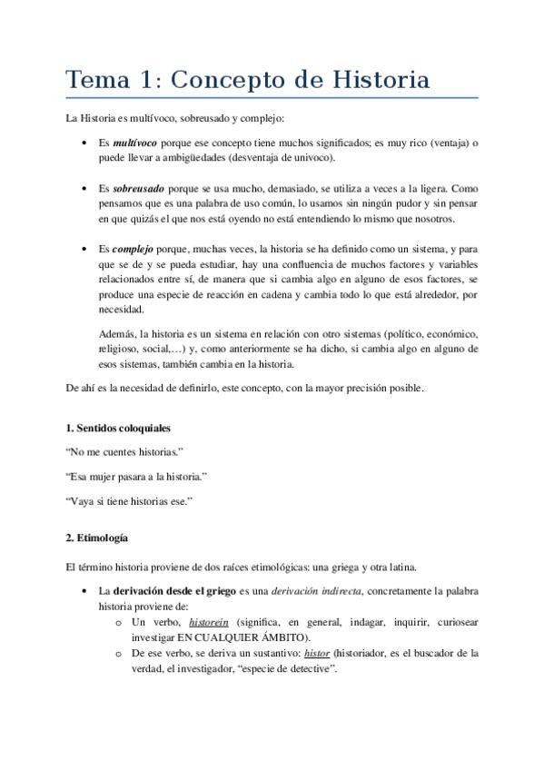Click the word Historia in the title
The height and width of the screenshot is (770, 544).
pyautogui.click(x=381, y=80)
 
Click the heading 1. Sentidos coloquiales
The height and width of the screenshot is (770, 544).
pyautogui.click(x=118, y=427)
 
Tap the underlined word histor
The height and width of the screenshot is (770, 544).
pyautogui.click(x=316, y=652)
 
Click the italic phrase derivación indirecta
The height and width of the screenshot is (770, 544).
pyautogui.click(x=323, y=592)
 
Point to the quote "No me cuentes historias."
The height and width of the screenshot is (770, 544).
pyautogui.click(x=125, y=451)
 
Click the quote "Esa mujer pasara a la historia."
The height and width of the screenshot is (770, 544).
pyautogui.click(x=137, y=476)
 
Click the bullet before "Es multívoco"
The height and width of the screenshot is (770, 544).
pyautogui.click(x=84, y=143)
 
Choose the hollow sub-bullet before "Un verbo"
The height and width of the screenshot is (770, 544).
pyautogui.click(x=118, y=623)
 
